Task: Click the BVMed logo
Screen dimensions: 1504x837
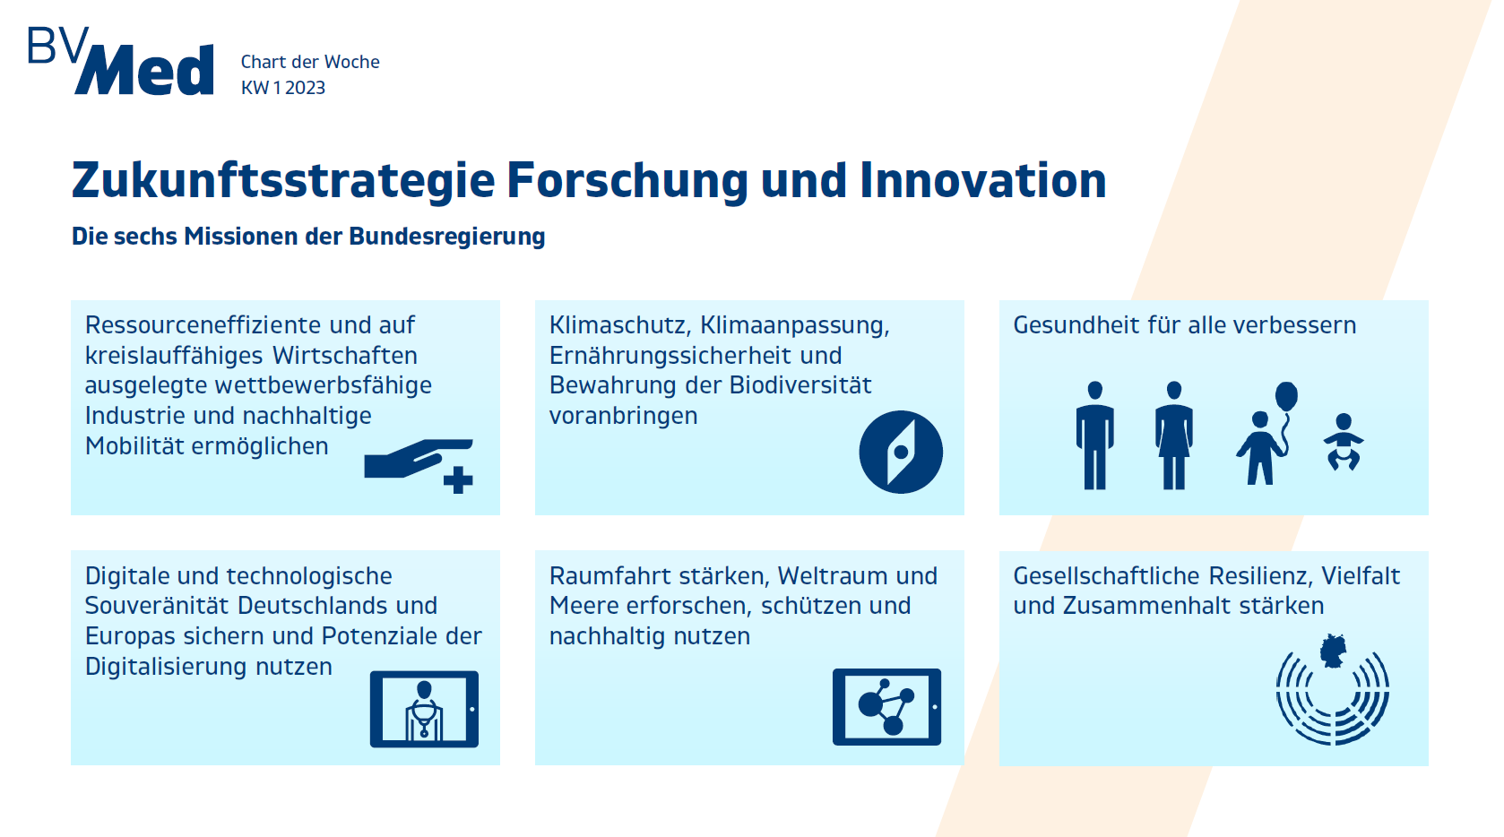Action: [121, 60]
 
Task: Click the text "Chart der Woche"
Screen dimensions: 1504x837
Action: [310, 62]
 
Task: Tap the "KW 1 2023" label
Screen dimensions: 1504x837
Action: [282, 88]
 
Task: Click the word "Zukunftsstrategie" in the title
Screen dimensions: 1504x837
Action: [283, 181]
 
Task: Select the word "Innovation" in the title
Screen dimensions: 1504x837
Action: [983, 180]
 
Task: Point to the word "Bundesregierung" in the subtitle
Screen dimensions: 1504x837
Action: [446, 237]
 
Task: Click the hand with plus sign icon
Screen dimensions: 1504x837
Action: [419, 467]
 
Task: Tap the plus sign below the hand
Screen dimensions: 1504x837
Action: [458, 480]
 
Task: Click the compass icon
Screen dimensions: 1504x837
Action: [901, 453]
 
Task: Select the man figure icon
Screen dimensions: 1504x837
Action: [1094, 435]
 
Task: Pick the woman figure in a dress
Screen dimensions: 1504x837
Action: [1173, 435]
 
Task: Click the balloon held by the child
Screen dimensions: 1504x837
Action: [1286, 396]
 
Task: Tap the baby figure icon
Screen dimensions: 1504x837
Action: [1343, 442]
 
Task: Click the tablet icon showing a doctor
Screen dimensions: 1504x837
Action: [424, 709]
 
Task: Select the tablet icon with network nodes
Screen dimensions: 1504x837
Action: [886, 707]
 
